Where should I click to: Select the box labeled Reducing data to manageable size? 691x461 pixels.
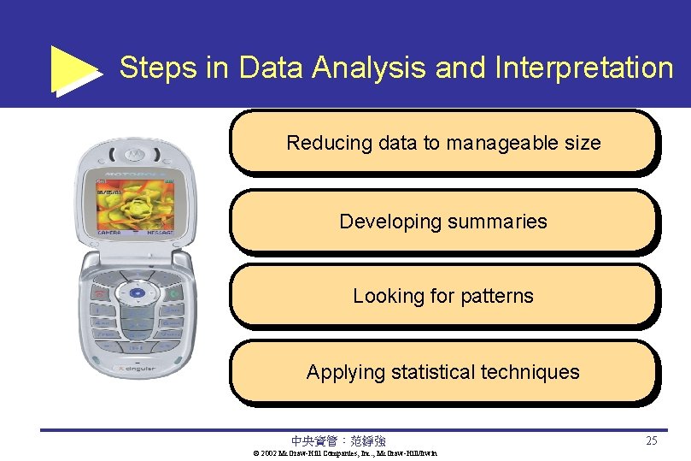coord(443,143)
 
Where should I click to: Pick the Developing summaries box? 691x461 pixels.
coord(443,222)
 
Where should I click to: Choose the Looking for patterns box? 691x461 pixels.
coord(443,296)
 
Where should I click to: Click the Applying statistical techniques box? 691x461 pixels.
coord(443,372)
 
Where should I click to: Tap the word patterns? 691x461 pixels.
coord(497,297)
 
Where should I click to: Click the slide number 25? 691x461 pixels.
coord(652,441)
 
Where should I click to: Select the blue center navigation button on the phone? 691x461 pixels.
coord(135,293)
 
